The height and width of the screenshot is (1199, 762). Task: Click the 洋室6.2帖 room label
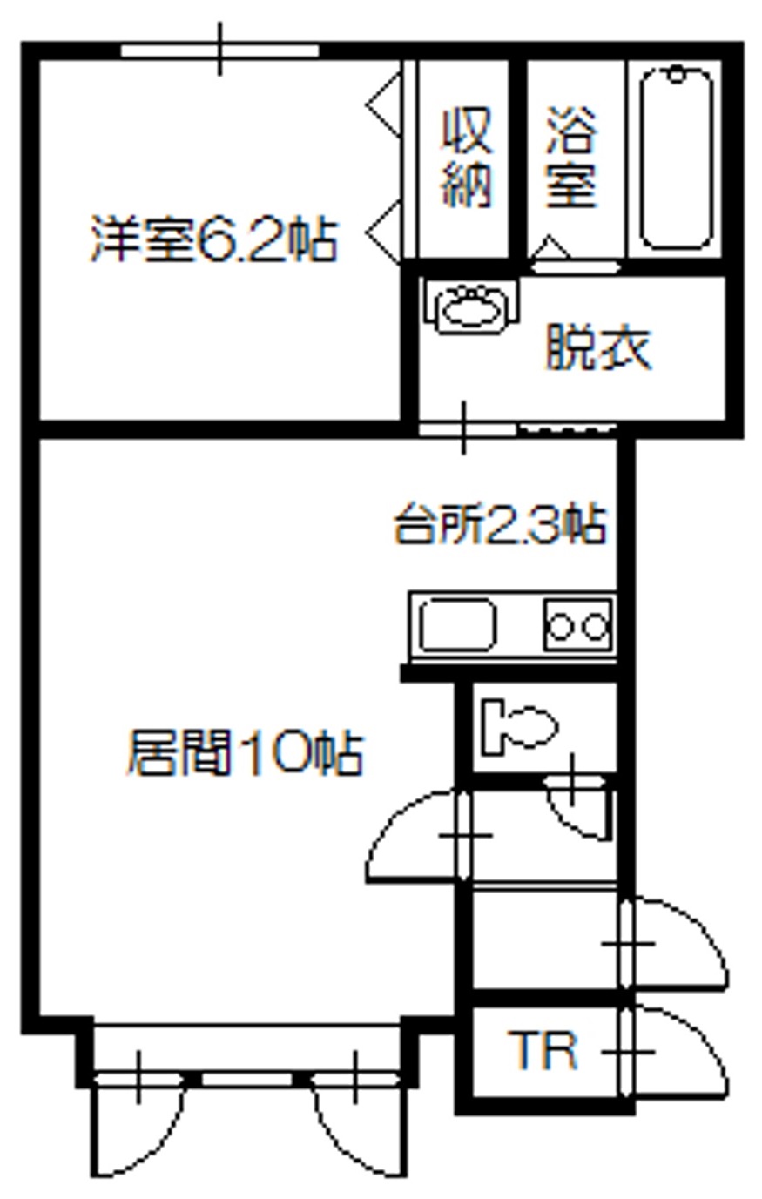click(x=214, y=239)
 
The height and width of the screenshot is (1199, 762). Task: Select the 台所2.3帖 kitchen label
click(x=501, y=523)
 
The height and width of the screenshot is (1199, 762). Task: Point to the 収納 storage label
click(x=466, y=157)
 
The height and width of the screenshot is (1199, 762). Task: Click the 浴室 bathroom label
click(x=570, y=157)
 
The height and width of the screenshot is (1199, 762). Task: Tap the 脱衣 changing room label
click(x=598, y=348)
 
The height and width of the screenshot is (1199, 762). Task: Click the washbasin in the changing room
click(x=471, y=307)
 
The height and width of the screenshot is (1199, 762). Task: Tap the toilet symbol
click(x=518, y=727)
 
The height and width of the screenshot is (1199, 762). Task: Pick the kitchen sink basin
click(x=458, y=625)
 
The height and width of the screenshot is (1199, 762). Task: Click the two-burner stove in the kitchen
click(x=577, y=625)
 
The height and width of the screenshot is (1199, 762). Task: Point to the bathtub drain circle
click(x=677, y=74)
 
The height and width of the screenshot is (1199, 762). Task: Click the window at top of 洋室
click(x=219, y=51)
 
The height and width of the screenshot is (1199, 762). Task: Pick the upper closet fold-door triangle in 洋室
click(x=383, y=104)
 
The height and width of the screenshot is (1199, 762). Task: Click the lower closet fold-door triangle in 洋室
click(x=383, y=232)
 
